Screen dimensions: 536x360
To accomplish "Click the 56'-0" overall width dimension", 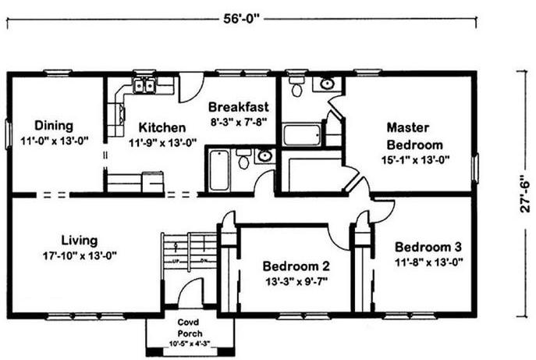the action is pos(242,19).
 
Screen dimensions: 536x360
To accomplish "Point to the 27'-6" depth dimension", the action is pos(525,194).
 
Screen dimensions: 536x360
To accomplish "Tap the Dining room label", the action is pos(54,126).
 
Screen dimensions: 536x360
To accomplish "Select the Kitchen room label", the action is pos(162,127).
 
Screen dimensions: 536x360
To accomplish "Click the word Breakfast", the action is pos(239,107).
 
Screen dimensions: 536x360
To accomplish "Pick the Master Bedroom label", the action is pos(414,136).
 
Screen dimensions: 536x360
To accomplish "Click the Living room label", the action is pos(80,241).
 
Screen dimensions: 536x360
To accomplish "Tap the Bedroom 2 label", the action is pos(296,266).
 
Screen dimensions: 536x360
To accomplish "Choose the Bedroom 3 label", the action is pos(428,247).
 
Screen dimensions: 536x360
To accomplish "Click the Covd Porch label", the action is pos(190,327).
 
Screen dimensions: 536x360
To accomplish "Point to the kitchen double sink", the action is pos(144,85).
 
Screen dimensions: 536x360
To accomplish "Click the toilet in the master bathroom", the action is pos(296,87).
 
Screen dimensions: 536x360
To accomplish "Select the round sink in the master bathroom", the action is pos(327,84).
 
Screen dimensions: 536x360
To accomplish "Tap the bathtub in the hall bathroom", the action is pos(219,169).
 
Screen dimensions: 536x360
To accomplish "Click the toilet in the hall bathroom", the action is pos(243,159).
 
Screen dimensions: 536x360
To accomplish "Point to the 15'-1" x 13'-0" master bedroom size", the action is pos(415,160).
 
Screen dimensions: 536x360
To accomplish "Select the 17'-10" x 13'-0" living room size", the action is pos(80,255).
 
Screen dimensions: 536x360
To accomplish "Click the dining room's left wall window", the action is pos(9,134).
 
